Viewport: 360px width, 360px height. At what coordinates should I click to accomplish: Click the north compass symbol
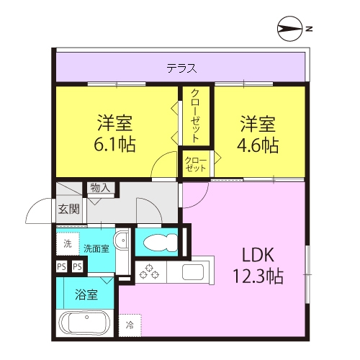[x=290, y=29]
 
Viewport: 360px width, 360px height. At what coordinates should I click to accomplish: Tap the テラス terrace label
[x=181, y=68]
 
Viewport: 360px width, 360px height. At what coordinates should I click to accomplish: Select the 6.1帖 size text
[x=114, y=145]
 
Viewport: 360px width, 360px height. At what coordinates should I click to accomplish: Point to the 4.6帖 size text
[x=258, y=145]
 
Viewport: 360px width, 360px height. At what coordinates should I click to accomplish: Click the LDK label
[x=258, y=255]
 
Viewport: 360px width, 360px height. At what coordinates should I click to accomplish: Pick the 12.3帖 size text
[x=258, y=276]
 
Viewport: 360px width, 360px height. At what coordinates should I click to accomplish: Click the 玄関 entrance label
[x=69, y=209]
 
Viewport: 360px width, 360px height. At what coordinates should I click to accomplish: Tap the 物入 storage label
[x=100, y=188]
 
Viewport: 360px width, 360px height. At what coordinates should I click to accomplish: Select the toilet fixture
[x=161, y=243]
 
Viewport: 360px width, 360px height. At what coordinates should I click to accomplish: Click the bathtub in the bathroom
[x=85, y=323]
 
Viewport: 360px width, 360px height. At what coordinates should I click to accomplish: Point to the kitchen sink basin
[x=193, y=272]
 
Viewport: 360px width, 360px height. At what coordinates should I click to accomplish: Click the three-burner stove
[x=149, y=271]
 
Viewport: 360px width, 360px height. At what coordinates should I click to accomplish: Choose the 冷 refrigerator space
[x=130, y=325]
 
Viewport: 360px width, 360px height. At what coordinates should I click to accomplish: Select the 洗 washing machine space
[x=68, y=244]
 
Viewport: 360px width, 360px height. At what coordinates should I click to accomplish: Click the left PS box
[x=61, y=267]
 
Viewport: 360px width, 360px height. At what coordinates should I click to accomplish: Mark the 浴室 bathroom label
[x=86, y=294]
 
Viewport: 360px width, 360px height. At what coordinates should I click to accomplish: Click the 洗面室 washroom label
[x=96, y=248]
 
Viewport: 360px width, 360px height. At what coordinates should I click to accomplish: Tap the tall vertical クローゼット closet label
[x=196, y=115]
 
